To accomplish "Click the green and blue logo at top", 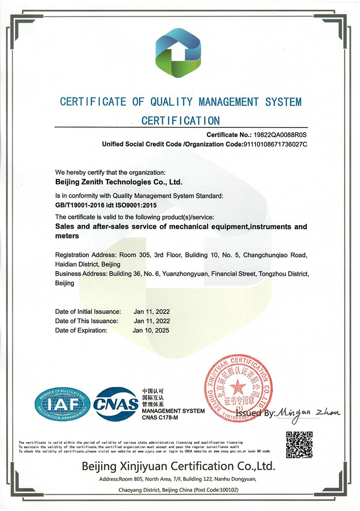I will click(179, 53).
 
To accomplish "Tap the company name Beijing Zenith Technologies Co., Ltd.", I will click(118, 182).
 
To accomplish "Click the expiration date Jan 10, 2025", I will click(151, 330).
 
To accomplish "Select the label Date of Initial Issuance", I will click(88, 312).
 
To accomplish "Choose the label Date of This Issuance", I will click(86, 321).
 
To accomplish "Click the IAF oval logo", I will click(63, 404).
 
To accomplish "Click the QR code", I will click(299, 444).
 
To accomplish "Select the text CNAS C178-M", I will click(160, 417).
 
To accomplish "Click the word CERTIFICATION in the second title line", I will click(180, 121).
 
